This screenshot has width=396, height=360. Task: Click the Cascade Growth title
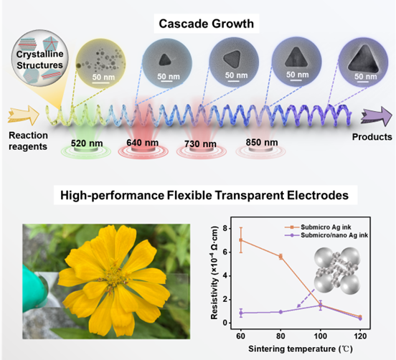click(x=207, y=24)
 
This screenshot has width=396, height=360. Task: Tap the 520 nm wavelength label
click(x=87, y=143)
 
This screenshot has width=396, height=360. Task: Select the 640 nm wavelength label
click(x=143, y=143)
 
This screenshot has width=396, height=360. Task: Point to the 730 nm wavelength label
click(x=200, y=144)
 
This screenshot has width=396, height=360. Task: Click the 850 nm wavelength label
click(x=262, y=143)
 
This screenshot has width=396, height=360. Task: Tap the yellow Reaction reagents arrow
click(x=24, y=115)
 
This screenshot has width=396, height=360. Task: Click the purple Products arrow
click(x=377, y=116)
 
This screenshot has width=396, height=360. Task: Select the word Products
click(x=372, y=137)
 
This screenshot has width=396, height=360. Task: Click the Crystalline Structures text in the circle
click(x=39, y=60)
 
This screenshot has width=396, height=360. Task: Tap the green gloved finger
click(x=34, y=285)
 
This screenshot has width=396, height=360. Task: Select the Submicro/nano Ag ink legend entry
click(x=326, y=235)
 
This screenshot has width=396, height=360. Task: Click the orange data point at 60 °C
click(x=241, y=240)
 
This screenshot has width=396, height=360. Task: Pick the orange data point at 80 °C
click(x=280, y=257)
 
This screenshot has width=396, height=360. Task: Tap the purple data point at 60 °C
click(x=241, y=313)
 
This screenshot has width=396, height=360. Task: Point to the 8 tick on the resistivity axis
click(x=225, y=229)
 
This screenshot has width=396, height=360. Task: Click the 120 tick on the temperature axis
click(x=360, y=336)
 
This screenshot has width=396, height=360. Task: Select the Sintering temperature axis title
click(x=301, y=349)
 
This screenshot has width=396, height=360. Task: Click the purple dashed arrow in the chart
click(x=306, y=298)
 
